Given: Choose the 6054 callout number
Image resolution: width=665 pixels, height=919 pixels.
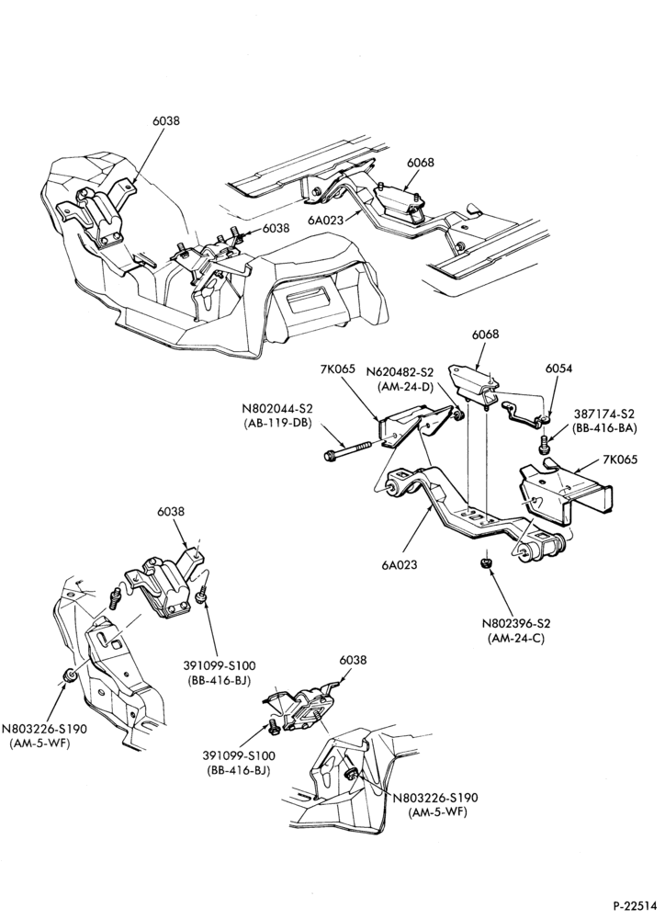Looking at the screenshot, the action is [x=558, y=369].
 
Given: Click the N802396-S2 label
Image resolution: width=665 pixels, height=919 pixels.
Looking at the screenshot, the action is [x=515, y=624].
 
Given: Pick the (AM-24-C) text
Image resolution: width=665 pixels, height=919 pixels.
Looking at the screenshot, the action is [x=515, y=638].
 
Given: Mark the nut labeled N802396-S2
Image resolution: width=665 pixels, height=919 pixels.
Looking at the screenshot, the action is [x=485, y=563].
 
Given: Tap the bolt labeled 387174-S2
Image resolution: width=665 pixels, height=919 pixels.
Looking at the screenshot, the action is [x=545, y=443].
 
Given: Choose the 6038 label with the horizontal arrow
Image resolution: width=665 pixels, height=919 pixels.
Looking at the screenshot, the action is [x=276, y=228].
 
